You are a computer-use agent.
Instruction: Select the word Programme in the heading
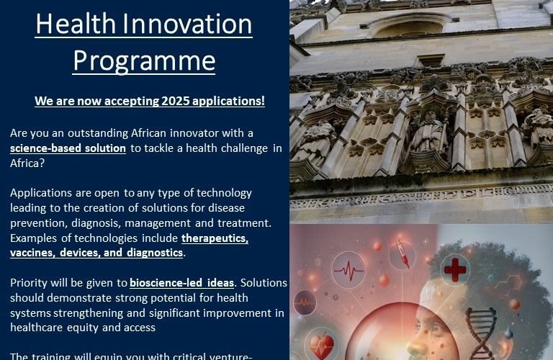pos(144,61)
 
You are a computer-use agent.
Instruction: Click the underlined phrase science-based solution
pos(68,148)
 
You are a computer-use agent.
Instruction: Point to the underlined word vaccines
pos(34,253)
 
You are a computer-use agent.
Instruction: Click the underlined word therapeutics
pos(215,238)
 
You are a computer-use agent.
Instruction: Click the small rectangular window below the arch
pos(431,60)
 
